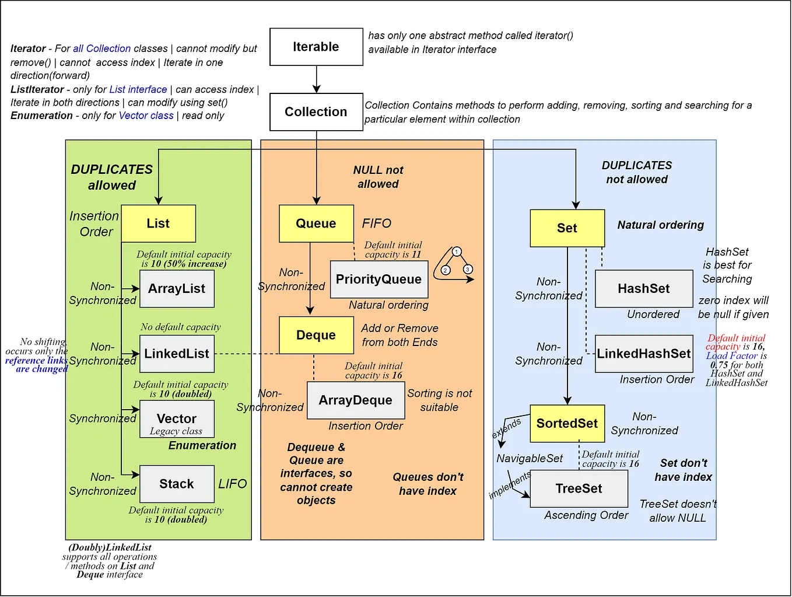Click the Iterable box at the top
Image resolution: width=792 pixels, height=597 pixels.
tap(316, 47)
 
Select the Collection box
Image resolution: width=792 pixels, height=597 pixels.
tap(316, 111)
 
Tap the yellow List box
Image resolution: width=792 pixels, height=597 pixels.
tap(158, 224)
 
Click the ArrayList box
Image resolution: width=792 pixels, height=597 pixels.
tap(177, 289)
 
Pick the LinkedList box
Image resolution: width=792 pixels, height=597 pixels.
tap(177, 354)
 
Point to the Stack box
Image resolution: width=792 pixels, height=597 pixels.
tap(177, 484)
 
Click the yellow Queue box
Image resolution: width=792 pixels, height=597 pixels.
tap(316, 224)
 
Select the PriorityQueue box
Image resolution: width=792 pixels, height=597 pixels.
tap(379, 280)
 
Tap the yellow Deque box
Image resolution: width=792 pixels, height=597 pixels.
tap(316, 335)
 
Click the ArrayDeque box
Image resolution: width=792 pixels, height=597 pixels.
tap(356, 400)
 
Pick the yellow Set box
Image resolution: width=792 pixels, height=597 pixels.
tap(567, 228)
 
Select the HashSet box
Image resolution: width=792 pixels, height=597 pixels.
tap(644, 289)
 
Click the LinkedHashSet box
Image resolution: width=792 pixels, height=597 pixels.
tap(644, 354)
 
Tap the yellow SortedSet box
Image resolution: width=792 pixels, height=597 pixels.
tap(567, 424)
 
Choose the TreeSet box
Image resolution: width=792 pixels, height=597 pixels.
tap(579, 488)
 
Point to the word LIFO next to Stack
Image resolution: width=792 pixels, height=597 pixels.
tap(233, 484)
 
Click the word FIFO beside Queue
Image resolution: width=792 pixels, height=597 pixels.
tap(377, 224)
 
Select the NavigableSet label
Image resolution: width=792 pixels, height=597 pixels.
tap(530, 459)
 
